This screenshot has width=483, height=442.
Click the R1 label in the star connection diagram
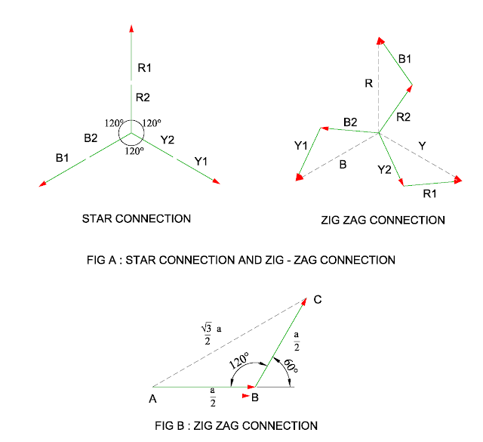144,68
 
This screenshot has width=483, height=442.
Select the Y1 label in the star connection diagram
202,161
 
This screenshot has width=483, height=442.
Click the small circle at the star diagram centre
131,135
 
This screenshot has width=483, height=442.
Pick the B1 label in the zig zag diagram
405,57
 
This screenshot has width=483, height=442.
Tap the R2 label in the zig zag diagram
403,116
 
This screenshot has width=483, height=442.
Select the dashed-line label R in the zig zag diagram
368,83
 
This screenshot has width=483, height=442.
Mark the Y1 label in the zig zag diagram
300,146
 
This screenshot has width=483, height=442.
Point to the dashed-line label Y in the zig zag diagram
422,144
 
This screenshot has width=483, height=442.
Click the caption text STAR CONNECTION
136,219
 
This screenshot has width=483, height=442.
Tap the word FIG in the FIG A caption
98,260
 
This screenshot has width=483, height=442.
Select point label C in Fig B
318,300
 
